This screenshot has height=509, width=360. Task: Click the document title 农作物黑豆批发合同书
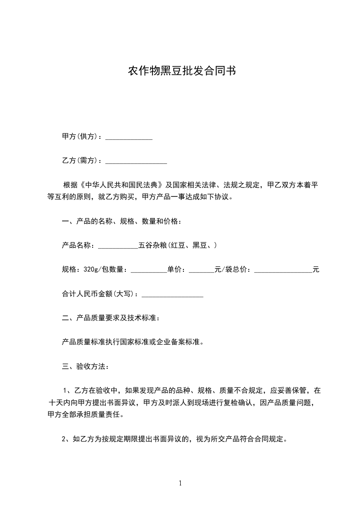(181, 71)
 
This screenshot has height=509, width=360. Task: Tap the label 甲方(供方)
(81, 137)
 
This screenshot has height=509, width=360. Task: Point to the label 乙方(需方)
(81, 161)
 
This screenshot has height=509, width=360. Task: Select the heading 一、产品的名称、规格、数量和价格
(122, 221)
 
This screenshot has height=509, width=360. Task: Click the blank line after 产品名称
(118, 246)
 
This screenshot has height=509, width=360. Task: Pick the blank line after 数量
(149, 270)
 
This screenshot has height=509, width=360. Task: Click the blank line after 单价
(201, 270)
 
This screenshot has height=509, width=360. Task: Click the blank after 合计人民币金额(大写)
(173, 294)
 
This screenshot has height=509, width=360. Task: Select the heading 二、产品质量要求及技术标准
(110, 318)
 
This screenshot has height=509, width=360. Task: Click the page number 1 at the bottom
(180, 483)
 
